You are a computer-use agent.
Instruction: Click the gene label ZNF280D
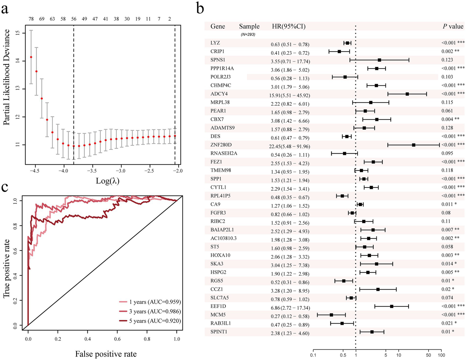[x=221, y=145]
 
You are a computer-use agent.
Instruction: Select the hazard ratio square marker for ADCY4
[x=407, y=94]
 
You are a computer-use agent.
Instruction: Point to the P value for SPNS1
[x=447, y=60]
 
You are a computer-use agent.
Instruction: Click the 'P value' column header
[x=453, y=26]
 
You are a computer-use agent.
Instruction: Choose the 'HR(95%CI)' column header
[x=289, y=26]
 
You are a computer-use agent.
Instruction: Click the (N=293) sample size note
[x=248, y=35]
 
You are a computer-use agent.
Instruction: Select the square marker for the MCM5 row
[x=331, y=315]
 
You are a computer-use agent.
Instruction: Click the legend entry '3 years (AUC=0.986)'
[x=155, y=311]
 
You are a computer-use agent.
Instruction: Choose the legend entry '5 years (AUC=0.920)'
[x=155, y=321]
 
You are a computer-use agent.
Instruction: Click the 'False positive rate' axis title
[x=106, y=354]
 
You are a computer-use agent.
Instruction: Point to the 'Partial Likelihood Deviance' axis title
[x=7, y=77]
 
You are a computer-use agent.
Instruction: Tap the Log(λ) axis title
[x=107, y=181]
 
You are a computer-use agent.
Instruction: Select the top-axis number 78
[x=31, y=19]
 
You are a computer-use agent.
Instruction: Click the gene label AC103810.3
[x=223, y=238]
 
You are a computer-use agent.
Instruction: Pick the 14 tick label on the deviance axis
[x=18, y=61]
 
